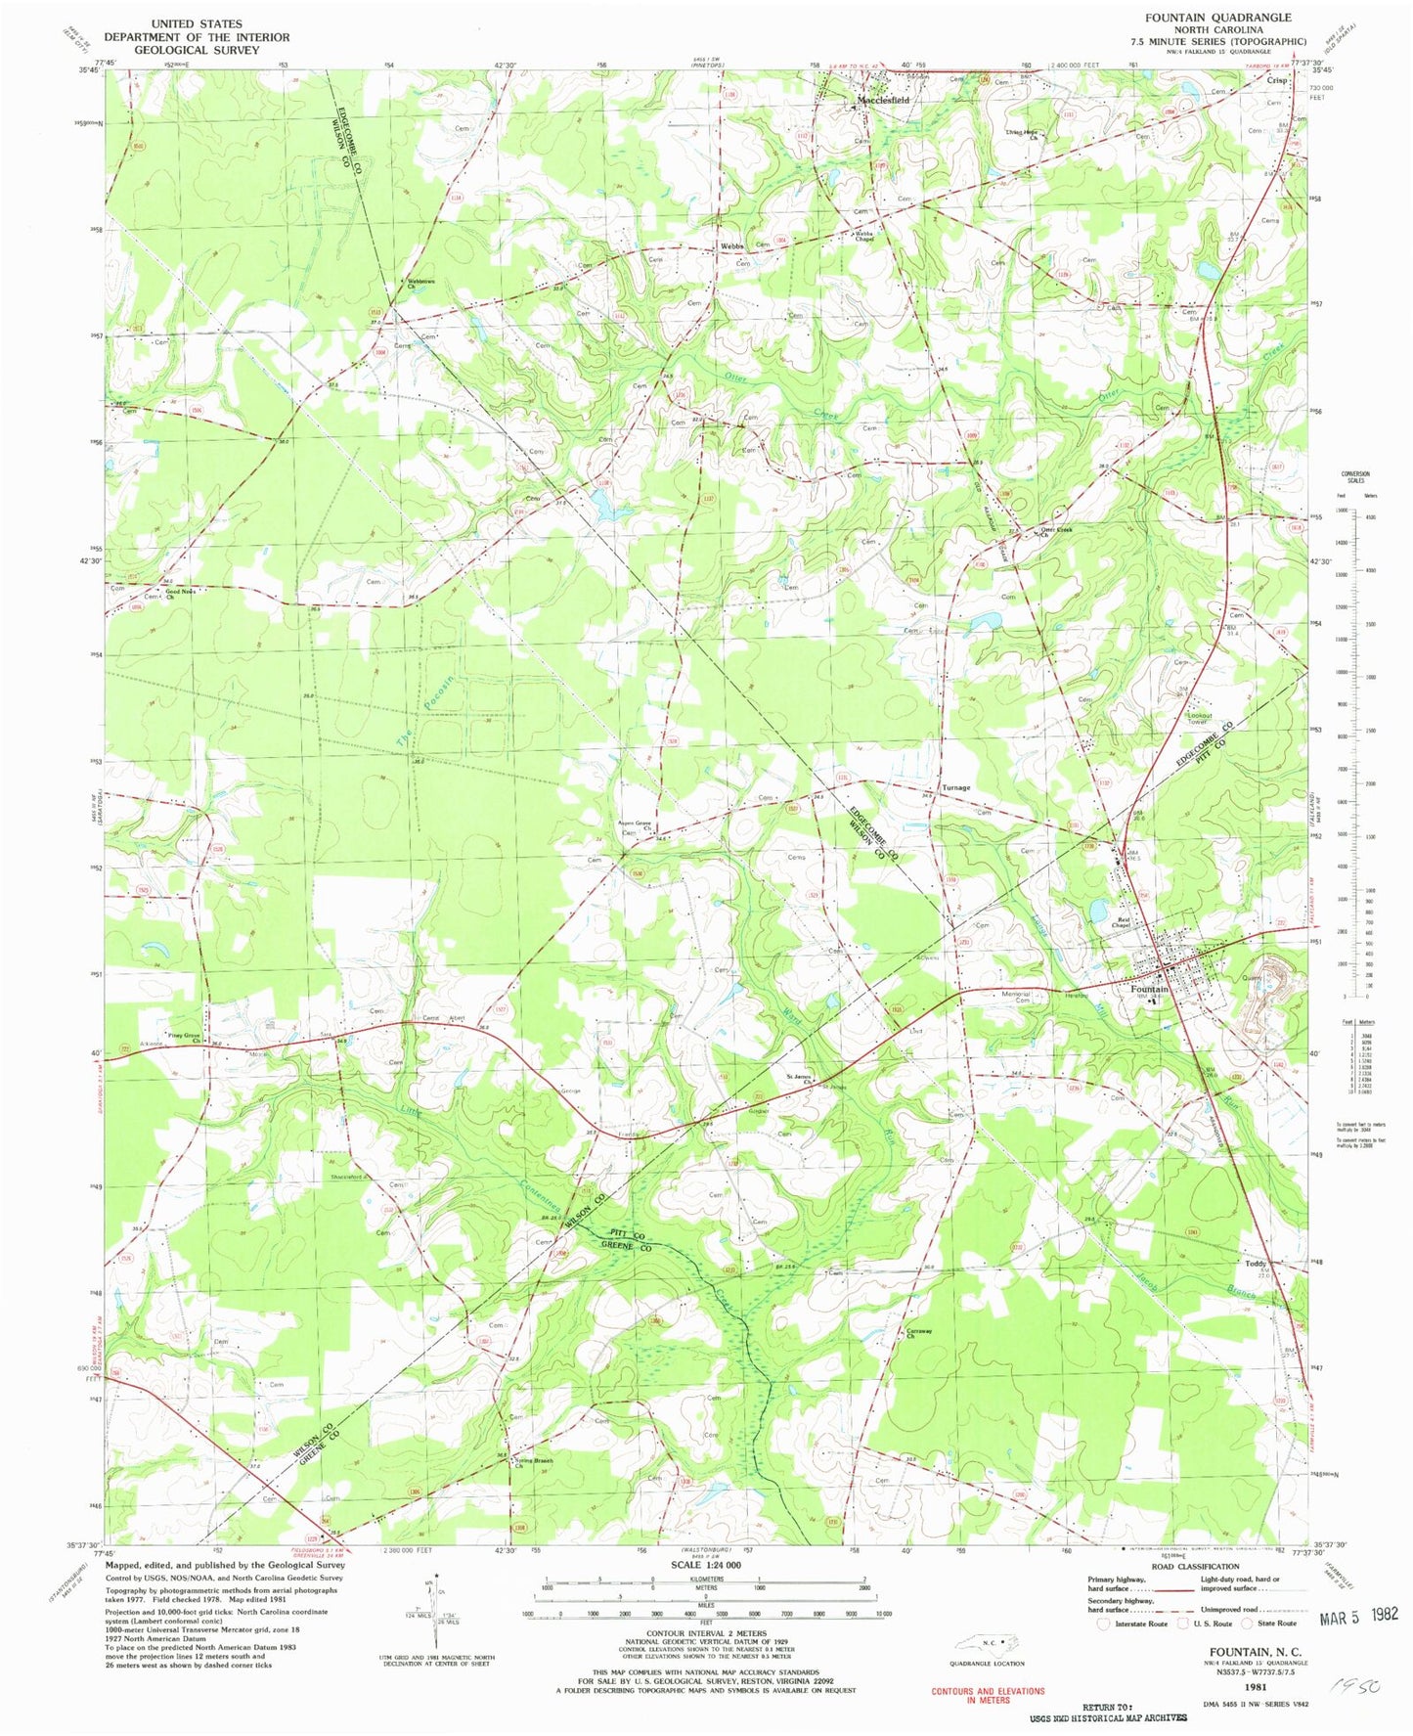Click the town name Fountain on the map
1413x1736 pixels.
coord(1149,989)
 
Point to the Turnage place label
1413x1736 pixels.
coord(955,787)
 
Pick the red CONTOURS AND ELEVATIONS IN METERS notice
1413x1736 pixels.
coord(987,1695)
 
